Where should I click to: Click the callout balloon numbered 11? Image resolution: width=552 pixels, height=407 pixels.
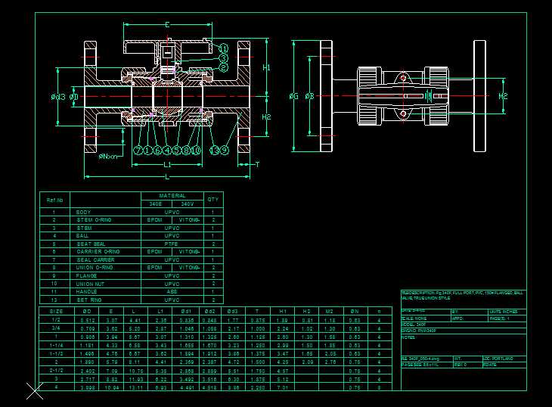point(223,49)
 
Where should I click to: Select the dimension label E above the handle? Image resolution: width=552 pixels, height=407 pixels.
point(166,26)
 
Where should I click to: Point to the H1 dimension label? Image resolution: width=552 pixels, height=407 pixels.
point(266,68)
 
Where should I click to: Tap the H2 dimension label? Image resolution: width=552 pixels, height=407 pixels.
point(266,117)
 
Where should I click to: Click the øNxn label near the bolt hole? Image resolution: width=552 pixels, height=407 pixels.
point(108,156)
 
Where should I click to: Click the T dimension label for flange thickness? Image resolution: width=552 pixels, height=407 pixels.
point(257,164)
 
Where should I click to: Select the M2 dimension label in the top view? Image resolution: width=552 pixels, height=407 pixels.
point(504,96)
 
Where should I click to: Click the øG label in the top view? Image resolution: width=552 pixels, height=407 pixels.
point(293,97)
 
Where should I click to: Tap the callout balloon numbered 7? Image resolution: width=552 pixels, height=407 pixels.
point(138,150)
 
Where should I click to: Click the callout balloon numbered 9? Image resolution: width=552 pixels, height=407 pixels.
point(224,150)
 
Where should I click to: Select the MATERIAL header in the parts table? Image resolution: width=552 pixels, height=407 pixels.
point(172,196)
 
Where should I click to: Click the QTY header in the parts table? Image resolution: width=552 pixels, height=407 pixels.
point(213,200)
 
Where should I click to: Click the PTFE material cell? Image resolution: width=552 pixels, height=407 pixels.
point(172,244)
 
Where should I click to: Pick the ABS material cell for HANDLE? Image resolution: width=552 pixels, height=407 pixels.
point(172,291)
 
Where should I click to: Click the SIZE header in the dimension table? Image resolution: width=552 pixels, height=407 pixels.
point(56,311)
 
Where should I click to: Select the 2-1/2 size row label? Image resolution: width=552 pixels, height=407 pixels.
point(56,371)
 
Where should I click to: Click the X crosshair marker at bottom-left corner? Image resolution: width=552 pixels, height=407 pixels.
point(35,391)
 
